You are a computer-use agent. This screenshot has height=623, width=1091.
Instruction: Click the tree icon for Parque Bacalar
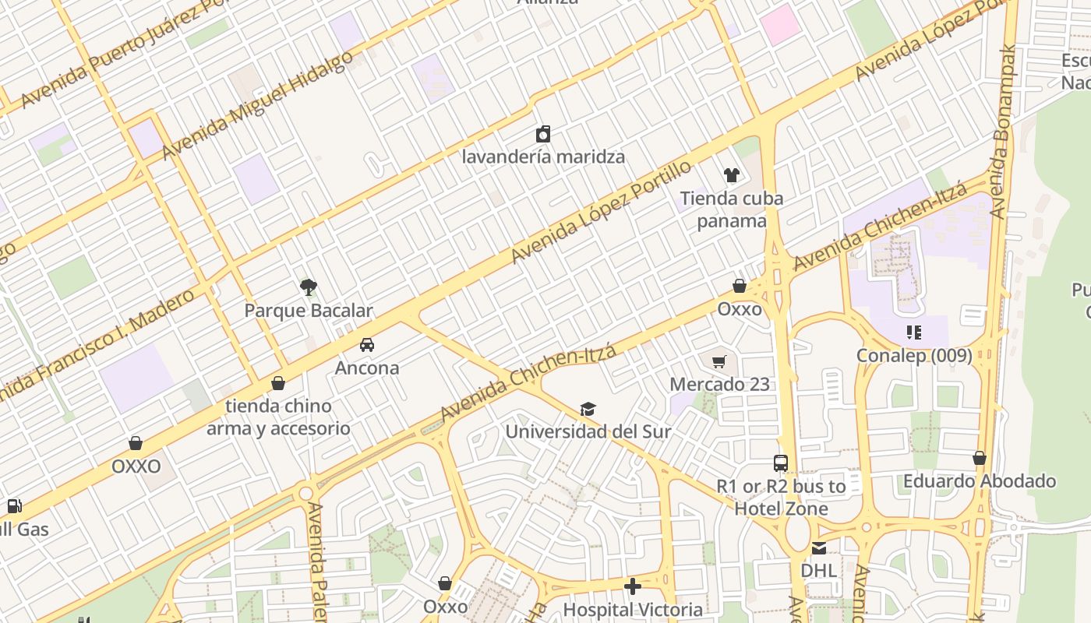coord(309,287)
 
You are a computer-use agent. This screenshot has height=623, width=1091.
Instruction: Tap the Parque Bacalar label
coord(309,311)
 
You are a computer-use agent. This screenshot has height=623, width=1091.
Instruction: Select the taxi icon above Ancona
coord(366,345)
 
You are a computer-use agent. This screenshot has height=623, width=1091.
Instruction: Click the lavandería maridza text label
coord(543,157)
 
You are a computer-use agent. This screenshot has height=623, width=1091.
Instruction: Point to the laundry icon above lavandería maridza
coord(543,134)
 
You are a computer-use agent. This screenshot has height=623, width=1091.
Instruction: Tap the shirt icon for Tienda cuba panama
coord(731,175)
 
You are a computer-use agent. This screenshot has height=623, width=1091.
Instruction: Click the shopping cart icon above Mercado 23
coord(719,361)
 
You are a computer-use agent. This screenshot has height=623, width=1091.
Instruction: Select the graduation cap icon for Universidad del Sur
coord(588,410)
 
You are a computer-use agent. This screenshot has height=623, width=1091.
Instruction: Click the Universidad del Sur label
coord(588,431)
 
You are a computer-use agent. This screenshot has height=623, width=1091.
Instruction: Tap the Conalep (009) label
coord(914,356)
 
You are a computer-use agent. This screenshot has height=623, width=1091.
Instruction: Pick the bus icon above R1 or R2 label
coord(781,463)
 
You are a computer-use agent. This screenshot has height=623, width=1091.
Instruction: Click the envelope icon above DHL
coord(818,548)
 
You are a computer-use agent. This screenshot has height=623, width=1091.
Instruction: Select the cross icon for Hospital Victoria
coord(633,586)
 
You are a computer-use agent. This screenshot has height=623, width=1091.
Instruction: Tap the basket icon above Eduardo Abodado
coord(979,458)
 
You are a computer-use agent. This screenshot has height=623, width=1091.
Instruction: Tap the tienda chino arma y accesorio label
coord(278,417)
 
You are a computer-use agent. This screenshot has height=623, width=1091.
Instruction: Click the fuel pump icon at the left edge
coord(14,506)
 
